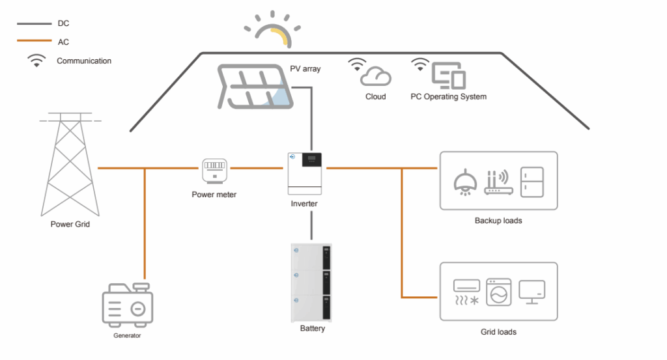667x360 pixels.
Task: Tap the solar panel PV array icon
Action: click(256, 86)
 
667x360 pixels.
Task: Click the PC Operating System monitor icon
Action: click(448, 76)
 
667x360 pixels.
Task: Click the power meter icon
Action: click(214, 172)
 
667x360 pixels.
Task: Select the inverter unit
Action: click(305, 173)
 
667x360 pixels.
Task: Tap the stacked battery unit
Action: click(311, 283)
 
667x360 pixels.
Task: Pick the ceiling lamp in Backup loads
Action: click(463, 182)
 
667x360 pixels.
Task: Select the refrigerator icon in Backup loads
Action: click(532, 181)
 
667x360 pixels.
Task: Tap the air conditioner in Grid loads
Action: click(466, 292)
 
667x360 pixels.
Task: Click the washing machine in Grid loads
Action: click(499, 292)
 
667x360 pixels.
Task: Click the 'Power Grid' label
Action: click(70, 225)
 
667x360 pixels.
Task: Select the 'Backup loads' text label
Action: click(498, 221)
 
